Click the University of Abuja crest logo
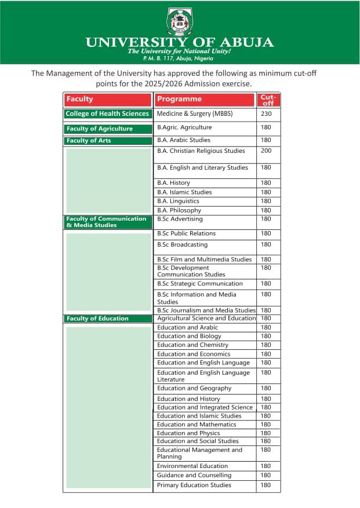[x=179, y=21]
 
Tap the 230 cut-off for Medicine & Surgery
[x=266, y=114]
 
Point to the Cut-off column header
[x=268, y=99]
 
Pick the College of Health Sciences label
[x=107, y=114]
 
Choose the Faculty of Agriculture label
[x=100, y=129]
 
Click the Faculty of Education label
[x=97, y=319]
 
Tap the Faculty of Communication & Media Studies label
[x=106, y=222]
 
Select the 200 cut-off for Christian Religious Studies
[x=266, y=151]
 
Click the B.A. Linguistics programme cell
[x=178, y=201]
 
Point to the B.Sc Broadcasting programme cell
[x=182, y=244]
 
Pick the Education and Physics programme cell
[x=188, y=433]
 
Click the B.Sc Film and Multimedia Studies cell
[x=204, y=260]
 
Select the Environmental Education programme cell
[x=192, y=466]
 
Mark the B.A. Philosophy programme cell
[x=179, y=210]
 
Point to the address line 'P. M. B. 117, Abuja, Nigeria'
[x=179, y=59]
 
